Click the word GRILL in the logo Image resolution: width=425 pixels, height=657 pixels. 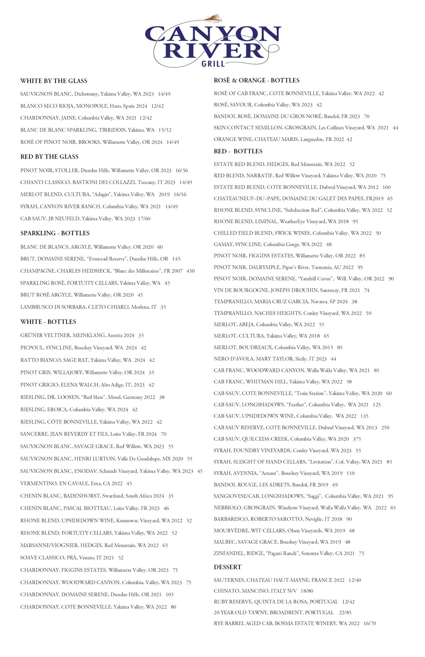(213, 63)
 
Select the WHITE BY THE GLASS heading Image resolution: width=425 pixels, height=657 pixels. (54, 81)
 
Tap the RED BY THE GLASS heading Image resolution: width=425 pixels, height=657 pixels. (50, 157)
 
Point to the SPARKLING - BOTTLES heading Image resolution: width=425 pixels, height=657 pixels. (55, 233)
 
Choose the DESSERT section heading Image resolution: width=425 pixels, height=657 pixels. (228, 567)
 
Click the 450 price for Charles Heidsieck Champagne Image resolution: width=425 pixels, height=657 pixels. (190, 271)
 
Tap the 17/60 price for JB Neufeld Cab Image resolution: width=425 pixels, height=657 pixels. (145, 219)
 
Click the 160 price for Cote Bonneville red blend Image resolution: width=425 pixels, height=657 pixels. (387, 187)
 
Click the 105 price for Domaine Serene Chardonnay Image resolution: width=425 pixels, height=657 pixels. (169, 595)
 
